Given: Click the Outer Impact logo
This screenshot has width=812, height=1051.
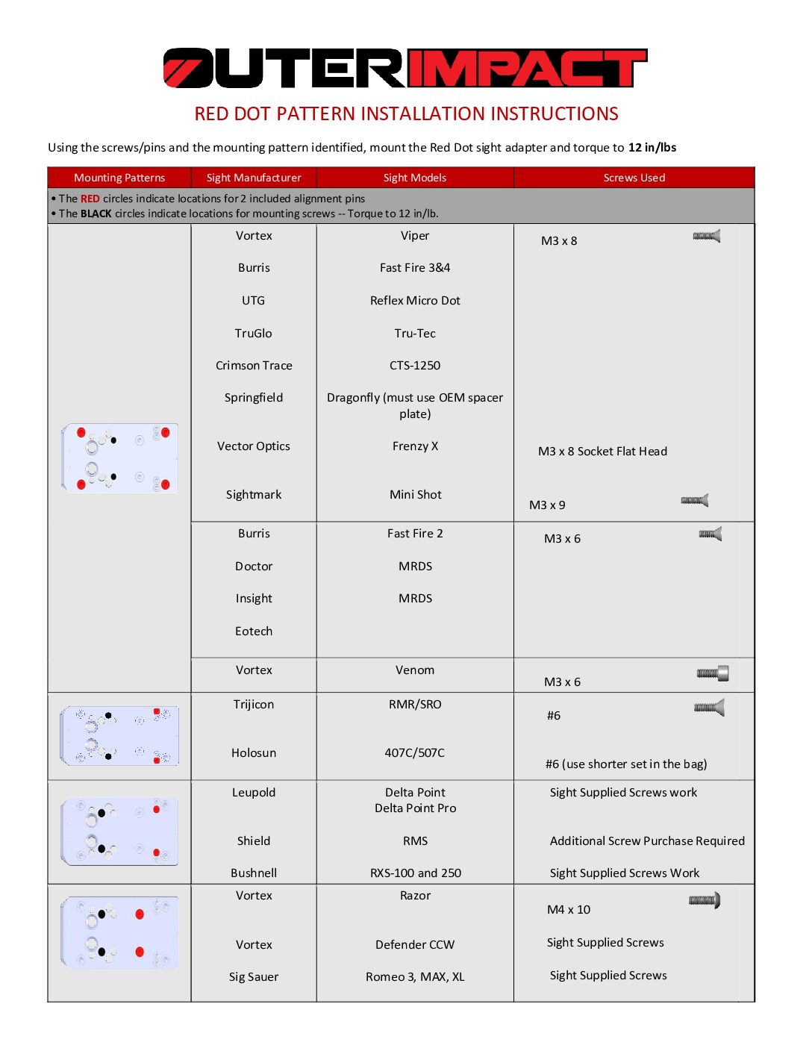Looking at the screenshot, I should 405,69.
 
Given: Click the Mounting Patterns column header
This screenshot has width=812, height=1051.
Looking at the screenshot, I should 119,178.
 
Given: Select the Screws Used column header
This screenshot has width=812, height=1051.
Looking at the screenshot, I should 634,178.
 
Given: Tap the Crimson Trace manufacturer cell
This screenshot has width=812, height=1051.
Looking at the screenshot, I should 254,366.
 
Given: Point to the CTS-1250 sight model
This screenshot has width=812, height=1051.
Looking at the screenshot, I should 415,366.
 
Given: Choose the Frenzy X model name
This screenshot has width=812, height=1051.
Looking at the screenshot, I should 415,446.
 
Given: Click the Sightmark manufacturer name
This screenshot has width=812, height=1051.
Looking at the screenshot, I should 254,495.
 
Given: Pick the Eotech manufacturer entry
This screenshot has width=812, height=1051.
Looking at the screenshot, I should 254,631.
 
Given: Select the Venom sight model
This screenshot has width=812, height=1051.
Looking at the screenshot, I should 415,670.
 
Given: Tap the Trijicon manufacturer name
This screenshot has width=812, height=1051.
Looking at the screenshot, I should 254,705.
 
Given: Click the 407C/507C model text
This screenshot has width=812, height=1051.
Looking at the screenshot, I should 415,753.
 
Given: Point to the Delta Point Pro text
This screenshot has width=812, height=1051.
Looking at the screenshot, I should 415,808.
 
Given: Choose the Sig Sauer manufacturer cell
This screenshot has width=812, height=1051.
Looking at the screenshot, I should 254,977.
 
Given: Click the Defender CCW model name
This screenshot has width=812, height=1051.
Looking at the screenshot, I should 415,945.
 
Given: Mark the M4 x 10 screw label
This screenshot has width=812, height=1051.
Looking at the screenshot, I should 569,910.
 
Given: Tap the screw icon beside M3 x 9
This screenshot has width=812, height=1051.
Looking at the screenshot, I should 695,501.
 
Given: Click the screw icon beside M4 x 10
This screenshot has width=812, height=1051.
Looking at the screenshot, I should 705,900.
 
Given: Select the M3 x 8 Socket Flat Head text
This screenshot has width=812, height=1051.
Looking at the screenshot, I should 602,452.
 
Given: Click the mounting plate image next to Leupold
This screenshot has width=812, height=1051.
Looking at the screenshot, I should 119,832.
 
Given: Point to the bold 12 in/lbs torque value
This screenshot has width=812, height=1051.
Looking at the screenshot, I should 652,148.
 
